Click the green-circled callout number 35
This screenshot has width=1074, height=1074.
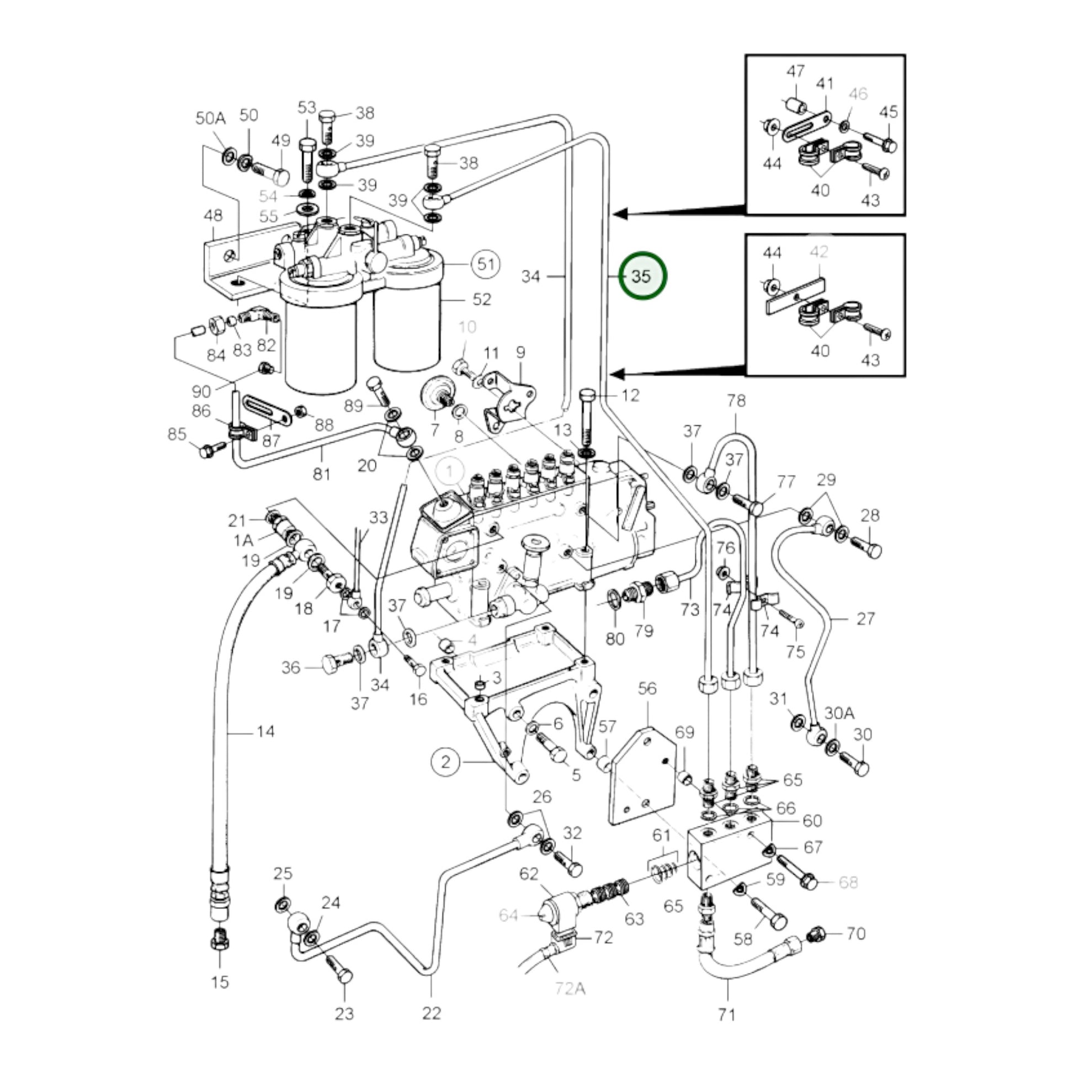click(x=642, y=277)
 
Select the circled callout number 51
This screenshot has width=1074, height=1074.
click(x=486, y=263)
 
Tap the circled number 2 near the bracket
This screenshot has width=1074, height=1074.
click(x=446, y=762)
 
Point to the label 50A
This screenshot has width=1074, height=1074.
click(x=210, y=119)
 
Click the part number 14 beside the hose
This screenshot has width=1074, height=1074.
click(x=265, y=732)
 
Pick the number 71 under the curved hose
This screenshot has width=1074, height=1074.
click(x=726, y=1015)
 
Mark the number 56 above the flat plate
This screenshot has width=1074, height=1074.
click(x=647, y=689)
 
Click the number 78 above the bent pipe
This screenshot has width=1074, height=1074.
click(x=736, y=401)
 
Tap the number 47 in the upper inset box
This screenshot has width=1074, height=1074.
click(x=795, y=72)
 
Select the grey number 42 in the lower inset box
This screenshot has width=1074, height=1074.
click(x=819, y=252)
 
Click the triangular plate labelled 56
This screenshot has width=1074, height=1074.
click(x=642, y=778)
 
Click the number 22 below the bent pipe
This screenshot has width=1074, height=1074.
click(x=432, y=1013)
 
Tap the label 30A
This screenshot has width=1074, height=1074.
click(x=839, y=713)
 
